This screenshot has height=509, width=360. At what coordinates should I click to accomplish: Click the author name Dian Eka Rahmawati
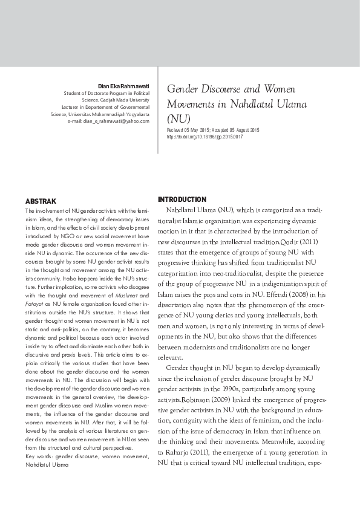(x=123, y=86)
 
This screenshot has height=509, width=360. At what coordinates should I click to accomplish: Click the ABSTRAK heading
(x=41, y=200)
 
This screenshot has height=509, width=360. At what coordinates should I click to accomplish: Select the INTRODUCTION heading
(x=182, y=199)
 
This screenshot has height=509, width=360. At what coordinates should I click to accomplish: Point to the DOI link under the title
(x=205, y=137)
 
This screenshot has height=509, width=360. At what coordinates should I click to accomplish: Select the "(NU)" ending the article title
(x=178, y=118)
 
